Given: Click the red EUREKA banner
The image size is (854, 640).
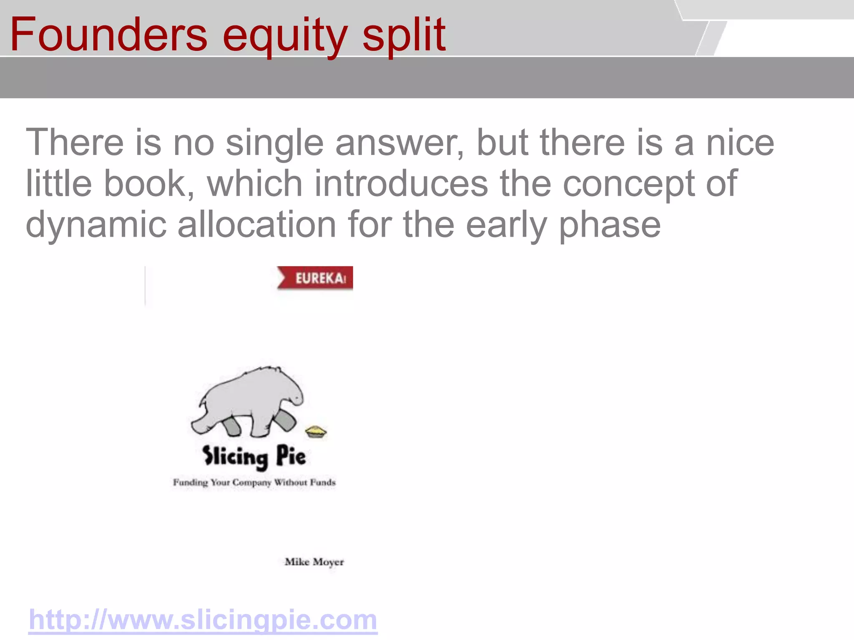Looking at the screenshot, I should (316, 278).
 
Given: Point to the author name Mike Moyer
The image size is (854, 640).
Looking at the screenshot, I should (314, 562).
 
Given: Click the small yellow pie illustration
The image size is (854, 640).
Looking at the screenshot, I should (316, 431).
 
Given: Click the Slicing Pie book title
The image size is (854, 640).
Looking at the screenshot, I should (254, 457).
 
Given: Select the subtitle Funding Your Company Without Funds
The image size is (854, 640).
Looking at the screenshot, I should (254, 482).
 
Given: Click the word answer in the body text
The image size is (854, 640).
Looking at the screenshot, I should (399, 143).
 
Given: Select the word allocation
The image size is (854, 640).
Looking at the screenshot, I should (257, 224).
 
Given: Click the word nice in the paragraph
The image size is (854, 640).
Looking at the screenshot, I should (740, 143).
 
